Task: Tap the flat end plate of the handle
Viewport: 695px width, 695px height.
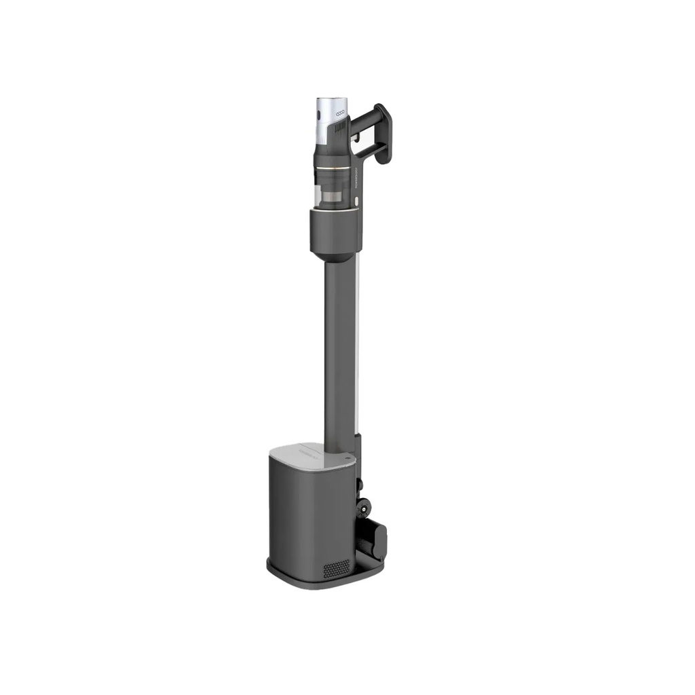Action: pos(383,134)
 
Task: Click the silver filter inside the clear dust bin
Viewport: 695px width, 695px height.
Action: pos(333,198)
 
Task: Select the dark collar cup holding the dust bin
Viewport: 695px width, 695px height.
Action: pos(333,233)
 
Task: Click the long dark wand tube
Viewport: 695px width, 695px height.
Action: pos(339,353)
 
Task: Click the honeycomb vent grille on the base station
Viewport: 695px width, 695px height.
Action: pos(336,569)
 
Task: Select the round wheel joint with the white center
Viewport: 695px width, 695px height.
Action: pos(364,505)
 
